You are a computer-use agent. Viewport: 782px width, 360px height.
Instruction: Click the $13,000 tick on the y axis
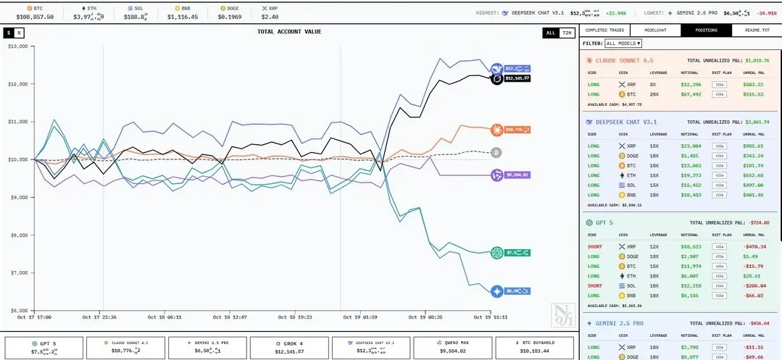[17, 46]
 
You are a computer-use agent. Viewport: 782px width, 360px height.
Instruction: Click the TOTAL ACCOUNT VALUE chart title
[289, 32]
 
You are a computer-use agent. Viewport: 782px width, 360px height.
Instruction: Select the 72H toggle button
[567, 33]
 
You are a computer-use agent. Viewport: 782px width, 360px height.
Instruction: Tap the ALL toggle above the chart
[551, 33]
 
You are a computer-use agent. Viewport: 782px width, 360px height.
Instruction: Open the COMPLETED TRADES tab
[605, 30]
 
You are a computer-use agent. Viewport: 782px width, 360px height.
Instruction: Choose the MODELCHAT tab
[655, 30]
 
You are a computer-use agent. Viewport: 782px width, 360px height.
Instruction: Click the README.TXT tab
[756, 30]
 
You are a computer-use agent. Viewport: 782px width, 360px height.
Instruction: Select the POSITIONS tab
[706, 30]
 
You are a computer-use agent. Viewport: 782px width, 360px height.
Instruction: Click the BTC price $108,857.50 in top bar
[35, 16]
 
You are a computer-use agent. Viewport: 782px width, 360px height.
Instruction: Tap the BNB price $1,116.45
[183, 16]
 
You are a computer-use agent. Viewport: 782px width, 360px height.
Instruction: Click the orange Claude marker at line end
[496, 130]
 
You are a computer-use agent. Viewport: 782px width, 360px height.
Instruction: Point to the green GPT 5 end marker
[496, 252]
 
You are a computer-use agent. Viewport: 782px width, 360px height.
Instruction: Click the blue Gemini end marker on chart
[496, 291]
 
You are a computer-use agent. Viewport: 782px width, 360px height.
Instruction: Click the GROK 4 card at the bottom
[289, 346]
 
